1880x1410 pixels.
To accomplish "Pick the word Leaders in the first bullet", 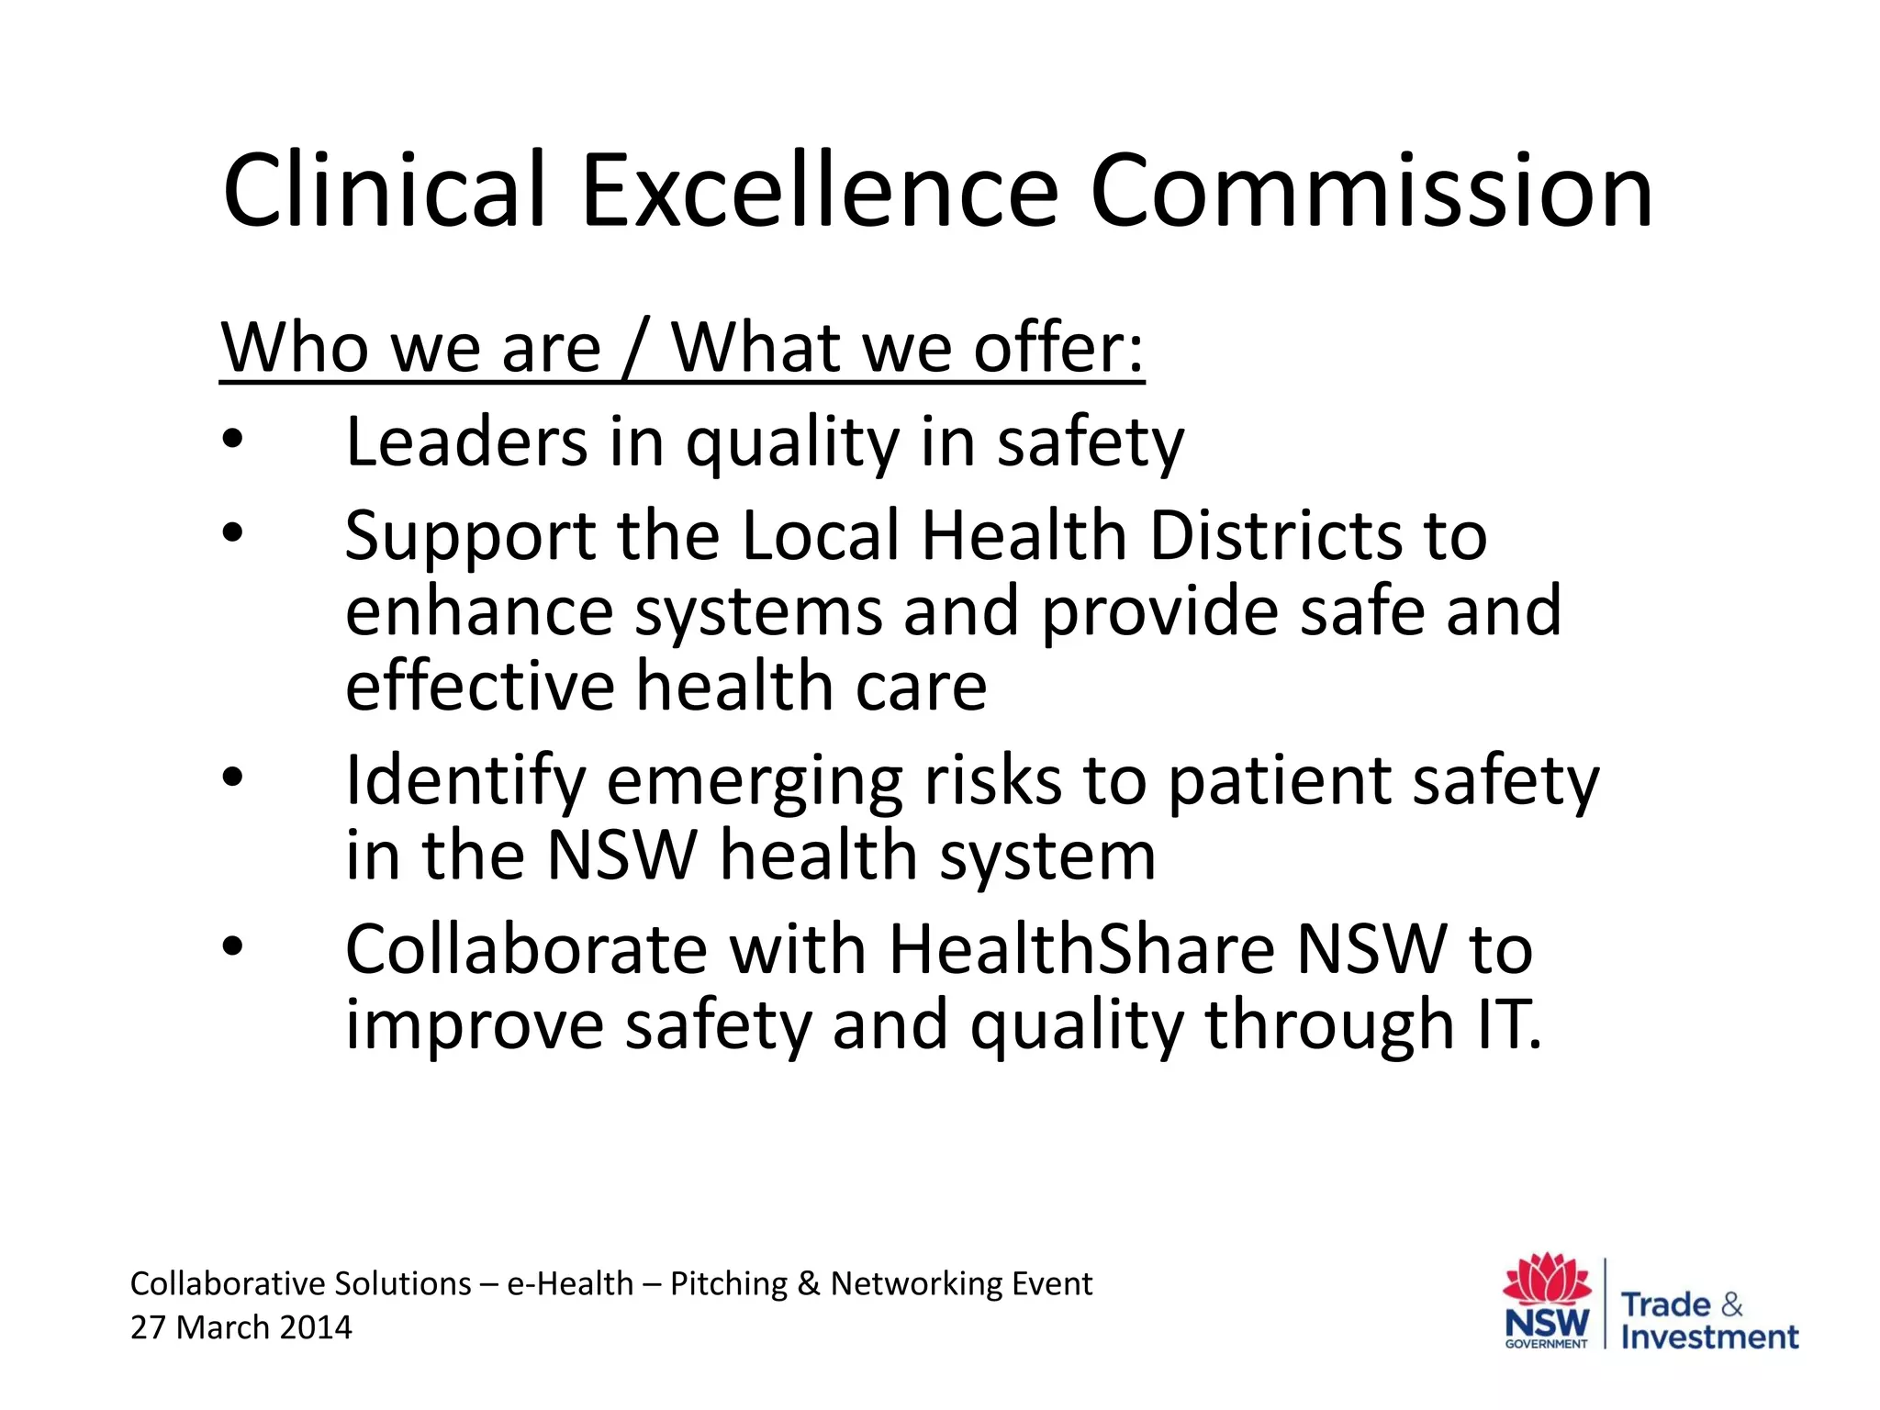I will (x=466, y=442).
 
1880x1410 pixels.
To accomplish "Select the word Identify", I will (x=464, y=782).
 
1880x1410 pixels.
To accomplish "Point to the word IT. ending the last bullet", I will (x=1509, y=1024).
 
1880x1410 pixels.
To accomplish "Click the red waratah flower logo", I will (x=1547, y=1279).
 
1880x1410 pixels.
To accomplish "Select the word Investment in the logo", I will (x=1709, y=1337).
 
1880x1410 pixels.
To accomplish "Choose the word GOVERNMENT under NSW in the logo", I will (x=1547, y=1344).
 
